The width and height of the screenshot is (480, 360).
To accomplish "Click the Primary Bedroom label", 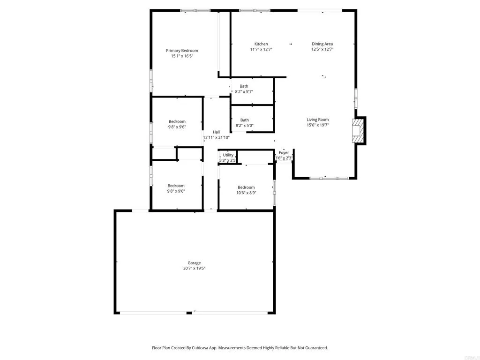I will [x=182, y=51].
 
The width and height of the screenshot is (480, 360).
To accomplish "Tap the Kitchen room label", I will [x=261, y=44].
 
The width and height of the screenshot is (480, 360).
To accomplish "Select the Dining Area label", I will [x=322, y=44].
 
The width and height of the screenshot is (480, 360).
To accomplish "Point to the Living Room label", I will [x=317, y=120].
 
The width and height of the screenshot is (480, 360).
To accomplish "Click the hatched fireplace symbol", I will [x=358, y=130].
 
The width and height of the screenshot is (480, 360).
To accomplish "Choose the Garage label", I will [x=195, y=263].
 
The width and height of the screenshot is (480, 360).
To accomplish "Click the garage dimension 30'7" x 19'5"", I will [x=195, y=269].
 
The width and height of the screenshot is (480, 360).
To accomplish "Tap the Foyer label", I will [x=284, y=153].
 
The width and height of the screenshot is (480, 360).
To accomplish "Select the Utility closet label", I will [x=228, y=155].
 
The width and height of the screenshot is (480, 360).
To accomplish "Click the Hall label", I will [x=216, y=132].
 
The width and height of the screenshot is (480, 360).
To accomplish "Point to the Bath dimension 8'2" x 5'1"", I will [x=244, y=91].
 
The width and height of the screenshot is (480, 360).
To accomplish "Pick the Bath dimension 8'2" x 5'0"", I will [x=244, y=125].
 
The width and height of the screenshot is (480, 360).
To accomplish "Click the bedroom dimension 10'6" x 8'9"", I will [x=246, y=193].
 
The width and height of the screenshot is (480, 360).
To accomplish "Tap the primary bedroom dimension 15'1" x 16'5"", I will [x=182, y=56].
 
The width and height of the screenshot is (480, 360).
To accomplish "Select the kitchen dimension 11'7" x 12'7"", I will [x=261, y=49].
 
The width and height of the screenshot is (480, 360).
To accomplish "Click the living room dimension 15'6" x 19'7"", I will [x=317, y=125].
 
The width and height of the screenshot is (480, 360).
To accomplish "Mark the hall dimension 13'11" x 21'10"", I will [x=216, y=137].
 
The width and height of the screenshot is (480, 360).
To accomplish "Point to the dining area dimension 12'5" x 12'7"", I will [x=322, y=49].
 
